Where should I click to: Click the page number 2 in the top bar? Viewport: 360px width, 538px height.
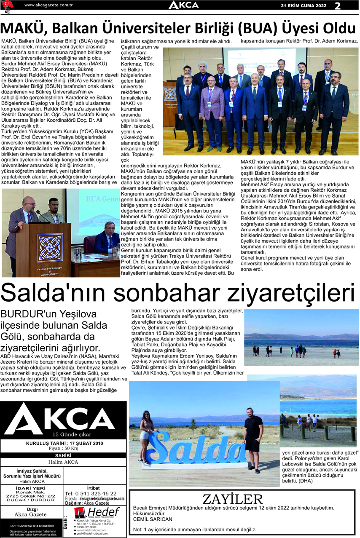[338, 5]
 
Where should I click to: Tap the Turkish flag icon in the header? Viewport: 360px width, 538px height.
[8, 5]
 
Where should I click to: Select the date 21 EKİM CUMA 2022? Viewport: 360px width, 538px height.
[304, 5]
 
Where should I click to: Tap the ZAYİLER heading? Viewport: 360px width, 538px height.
[232, 499]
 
